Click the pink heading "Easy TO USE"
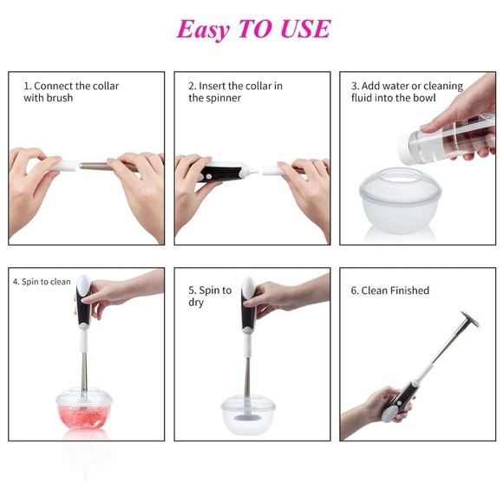[252, 29]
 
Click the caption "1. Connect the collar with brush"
[71, 92]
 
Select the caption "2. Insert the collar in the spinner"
[235, 92]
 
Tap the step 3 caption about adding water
[406, 92]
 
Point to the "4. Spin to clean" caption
[42, 282]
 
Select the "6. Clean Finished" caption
[389, 291]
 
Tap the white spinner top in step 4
[83, 287]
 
